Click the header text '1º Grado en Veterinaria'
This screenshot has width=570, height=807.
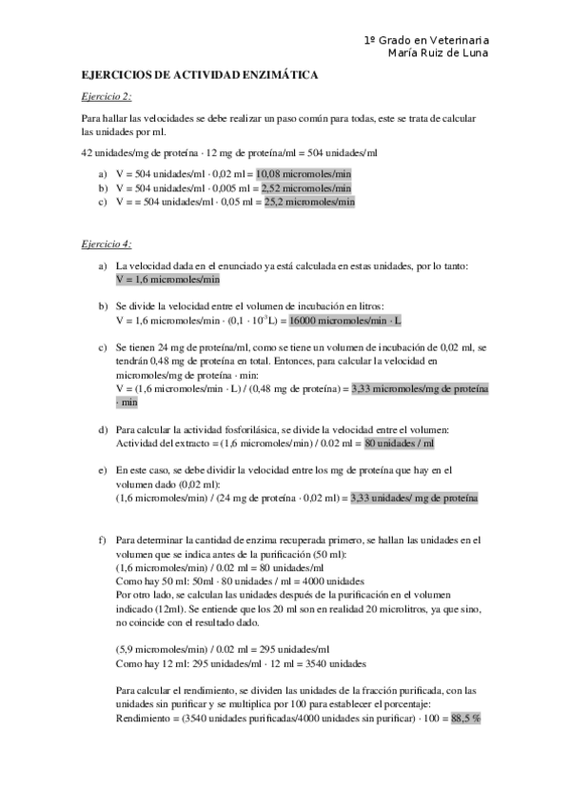[426, 40]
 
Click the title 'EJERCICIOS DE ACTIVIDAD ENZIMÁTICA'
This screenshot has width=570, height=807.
[200, 74]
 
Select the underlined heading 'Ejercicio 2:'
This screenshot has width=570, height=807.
[107, 96]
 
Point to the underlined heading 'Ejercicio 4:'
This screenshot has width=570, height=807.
[107, 245]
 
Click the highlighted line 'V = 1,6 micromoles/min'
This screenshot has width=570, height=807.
[167, 280]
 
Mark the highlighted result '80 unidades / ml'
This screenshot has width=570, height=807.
[400, 443]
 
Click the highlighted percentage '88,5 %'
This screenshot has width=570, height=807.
[466, 718]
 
